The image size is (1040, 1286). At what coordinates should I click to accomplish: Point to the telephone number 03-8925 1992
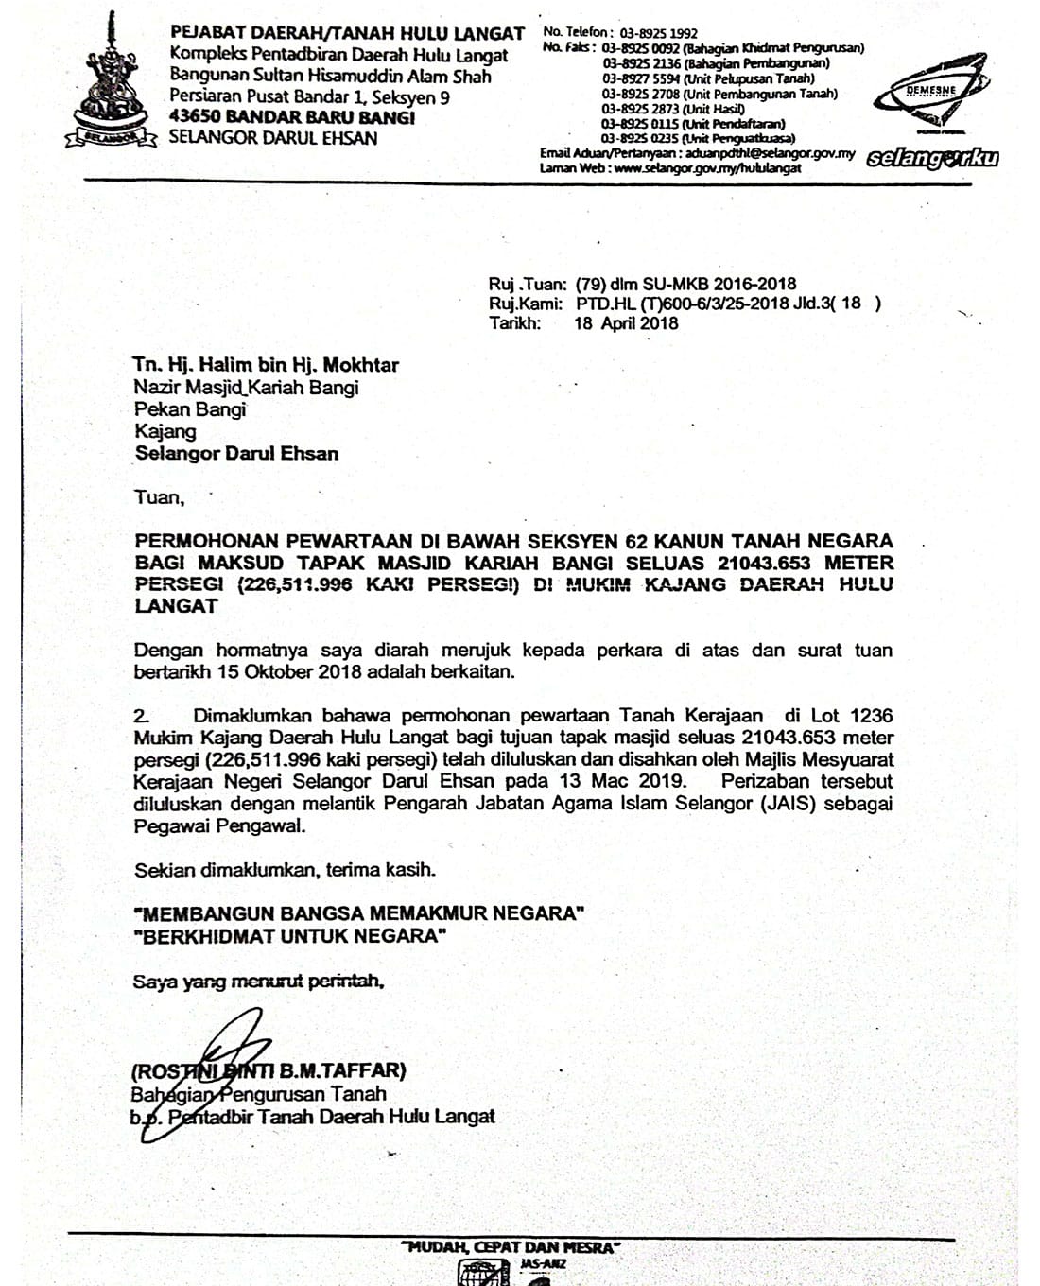[x=659, y=33]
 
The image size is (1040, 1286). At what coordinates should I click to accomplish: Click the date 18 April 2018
[x=626, y=323]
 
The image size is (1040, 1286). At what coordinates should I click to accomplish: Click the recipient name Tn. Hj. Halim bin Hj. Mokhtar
[x=266, y=365]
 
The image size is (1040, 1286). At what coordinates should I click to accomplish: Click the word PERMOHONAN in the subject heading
[x=206, y=542]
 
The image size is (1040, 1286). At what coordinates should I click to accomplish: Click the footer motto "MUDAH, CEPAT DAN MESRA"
[x=511, y=1248]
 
